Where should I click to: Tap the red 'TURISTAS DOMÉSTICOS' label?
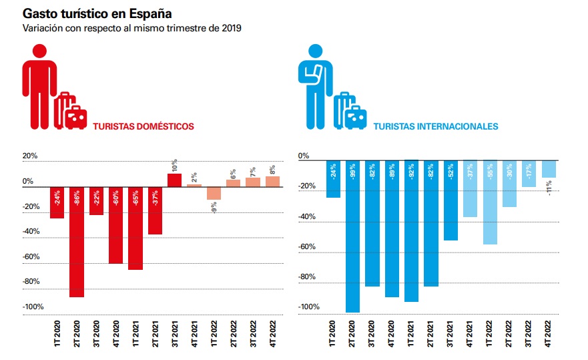[143, 126]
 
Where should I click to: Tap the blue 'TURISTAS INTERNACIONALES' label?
[435, 126]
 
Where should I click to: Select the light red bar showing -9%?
[214, 194]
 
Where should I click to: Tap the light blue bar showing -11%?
[549, 169]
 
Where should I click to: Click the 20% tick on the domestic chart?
[30, 156]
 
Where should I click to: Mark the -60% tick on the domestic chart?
[32, 256]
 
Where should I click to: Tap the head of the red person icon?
[39, 51]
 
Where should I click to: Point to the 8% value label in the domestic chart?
[272, 170]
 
